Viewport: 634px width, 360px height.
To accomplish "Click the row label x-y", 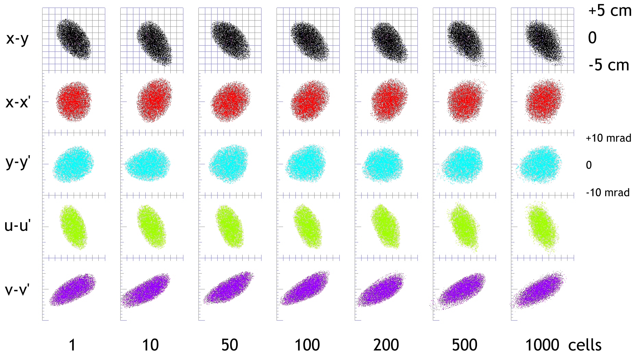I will click(x=17, y=39).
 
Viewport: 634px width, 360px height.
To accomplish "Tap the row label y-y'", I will click(x=18, y=163).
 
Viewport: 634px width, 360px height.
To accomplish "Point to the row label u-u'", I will click(x=17, y=226).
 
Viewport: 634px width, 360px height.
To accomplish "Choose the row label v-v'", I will click(x=17, y=290).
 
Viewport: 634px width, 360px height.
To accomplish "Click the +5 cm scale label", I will click(x=610, y=11).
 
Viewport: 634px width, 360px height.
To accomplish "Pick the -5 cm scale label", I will click(x=609, y=65).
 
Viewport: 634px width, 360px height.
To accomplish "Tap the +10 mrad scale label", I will click(x=608, y=138).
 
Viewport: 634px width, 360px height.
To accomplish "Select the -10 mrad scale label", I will click(x=608, y=192).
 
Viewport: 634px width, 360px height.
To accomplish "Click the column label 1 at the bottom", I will click(x=72, y=345).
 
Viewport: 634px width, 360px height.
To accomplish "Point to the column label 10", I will click(x=150, y=345).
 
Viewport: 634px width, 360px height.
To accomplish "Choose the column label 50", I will click(x=229, y=345).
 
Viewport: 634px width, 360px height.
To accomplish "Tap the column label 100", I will click(x=307, y=345).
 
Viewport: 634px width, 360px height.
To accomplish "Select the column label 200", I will click(x=386, y=345).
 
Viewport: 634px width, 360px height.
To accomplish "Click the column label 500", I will click(x=464, y=345).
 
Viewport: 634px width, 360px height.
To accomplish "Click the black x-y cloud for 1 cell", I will click(x=73, y=39).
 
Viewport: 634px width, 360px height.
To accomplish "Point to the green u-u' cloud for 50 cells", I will click(x=229, y=226).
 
